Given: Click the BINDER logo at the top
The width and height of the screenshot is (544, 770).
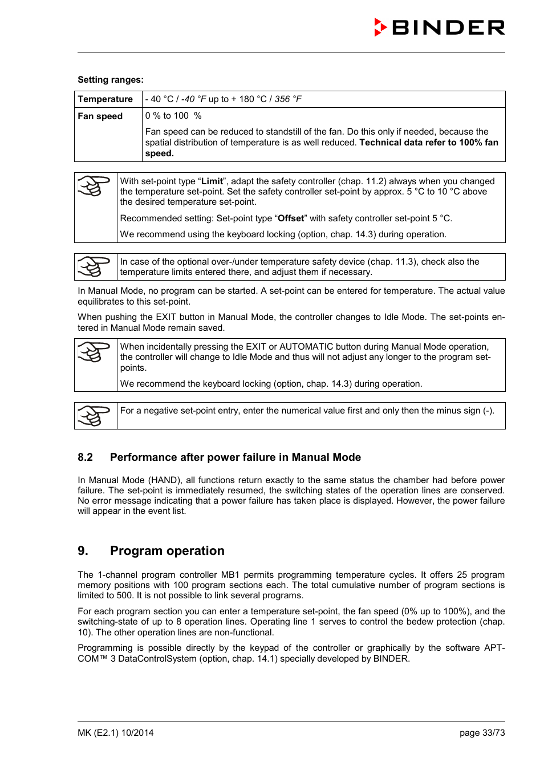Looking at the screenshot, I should click(439, 27).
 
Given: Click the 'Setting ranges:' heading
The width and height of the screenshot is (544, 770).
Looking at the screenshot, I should click(111, 80).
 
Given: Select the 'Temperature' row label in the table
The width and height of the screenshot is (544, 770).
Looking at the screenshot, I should click(105, 99).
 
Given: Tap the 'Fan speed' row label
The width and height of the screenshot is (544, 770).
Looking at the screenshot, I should click(100, 116).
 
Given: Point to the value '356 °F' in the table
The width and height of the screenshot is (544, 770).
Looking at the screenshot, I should click(288, 99).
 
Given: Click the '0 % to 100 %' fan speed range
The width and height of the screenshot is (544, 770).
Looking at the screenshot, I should click(173, 116).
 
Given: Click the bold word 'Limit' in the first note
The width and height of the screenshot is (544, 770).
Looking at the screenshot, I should click(212, 181).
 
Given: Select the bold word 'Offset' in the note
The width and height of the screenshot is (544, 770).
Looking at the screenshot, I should click(291, 218).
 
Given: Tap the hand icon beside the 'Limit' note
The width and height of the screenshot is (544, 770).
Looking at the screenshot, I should click(94, 186).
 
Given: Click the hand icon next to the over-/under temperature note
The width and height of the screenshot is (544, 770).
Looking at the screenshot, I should click(94, 266).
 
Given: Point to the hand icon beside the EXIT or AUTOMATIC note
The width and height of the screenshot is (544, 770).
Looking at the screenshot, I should click(94, 352).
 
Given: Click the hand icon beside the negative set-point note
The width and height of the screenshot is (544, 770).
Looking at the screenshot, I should click(94, 416).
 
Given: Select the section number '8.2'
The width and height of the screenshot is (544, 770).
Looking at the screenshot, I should click(86, 457).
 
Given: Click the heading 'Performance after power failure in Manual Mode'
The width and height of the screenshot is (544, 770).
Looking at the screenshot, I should click(236, 457).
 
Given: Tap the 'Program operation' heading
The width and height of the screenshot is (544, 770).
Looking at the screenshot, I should click(167, 551).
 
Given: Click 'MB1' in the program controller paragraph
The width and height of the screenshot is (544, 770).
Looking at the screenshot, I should click(230, 575).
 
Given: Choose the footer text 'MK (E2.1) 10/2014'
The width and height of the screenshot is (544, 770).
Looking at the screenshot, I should click(116, 733).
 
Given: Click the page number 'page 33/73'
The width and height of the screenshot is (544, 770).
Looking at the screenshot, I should click(482, 733).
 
